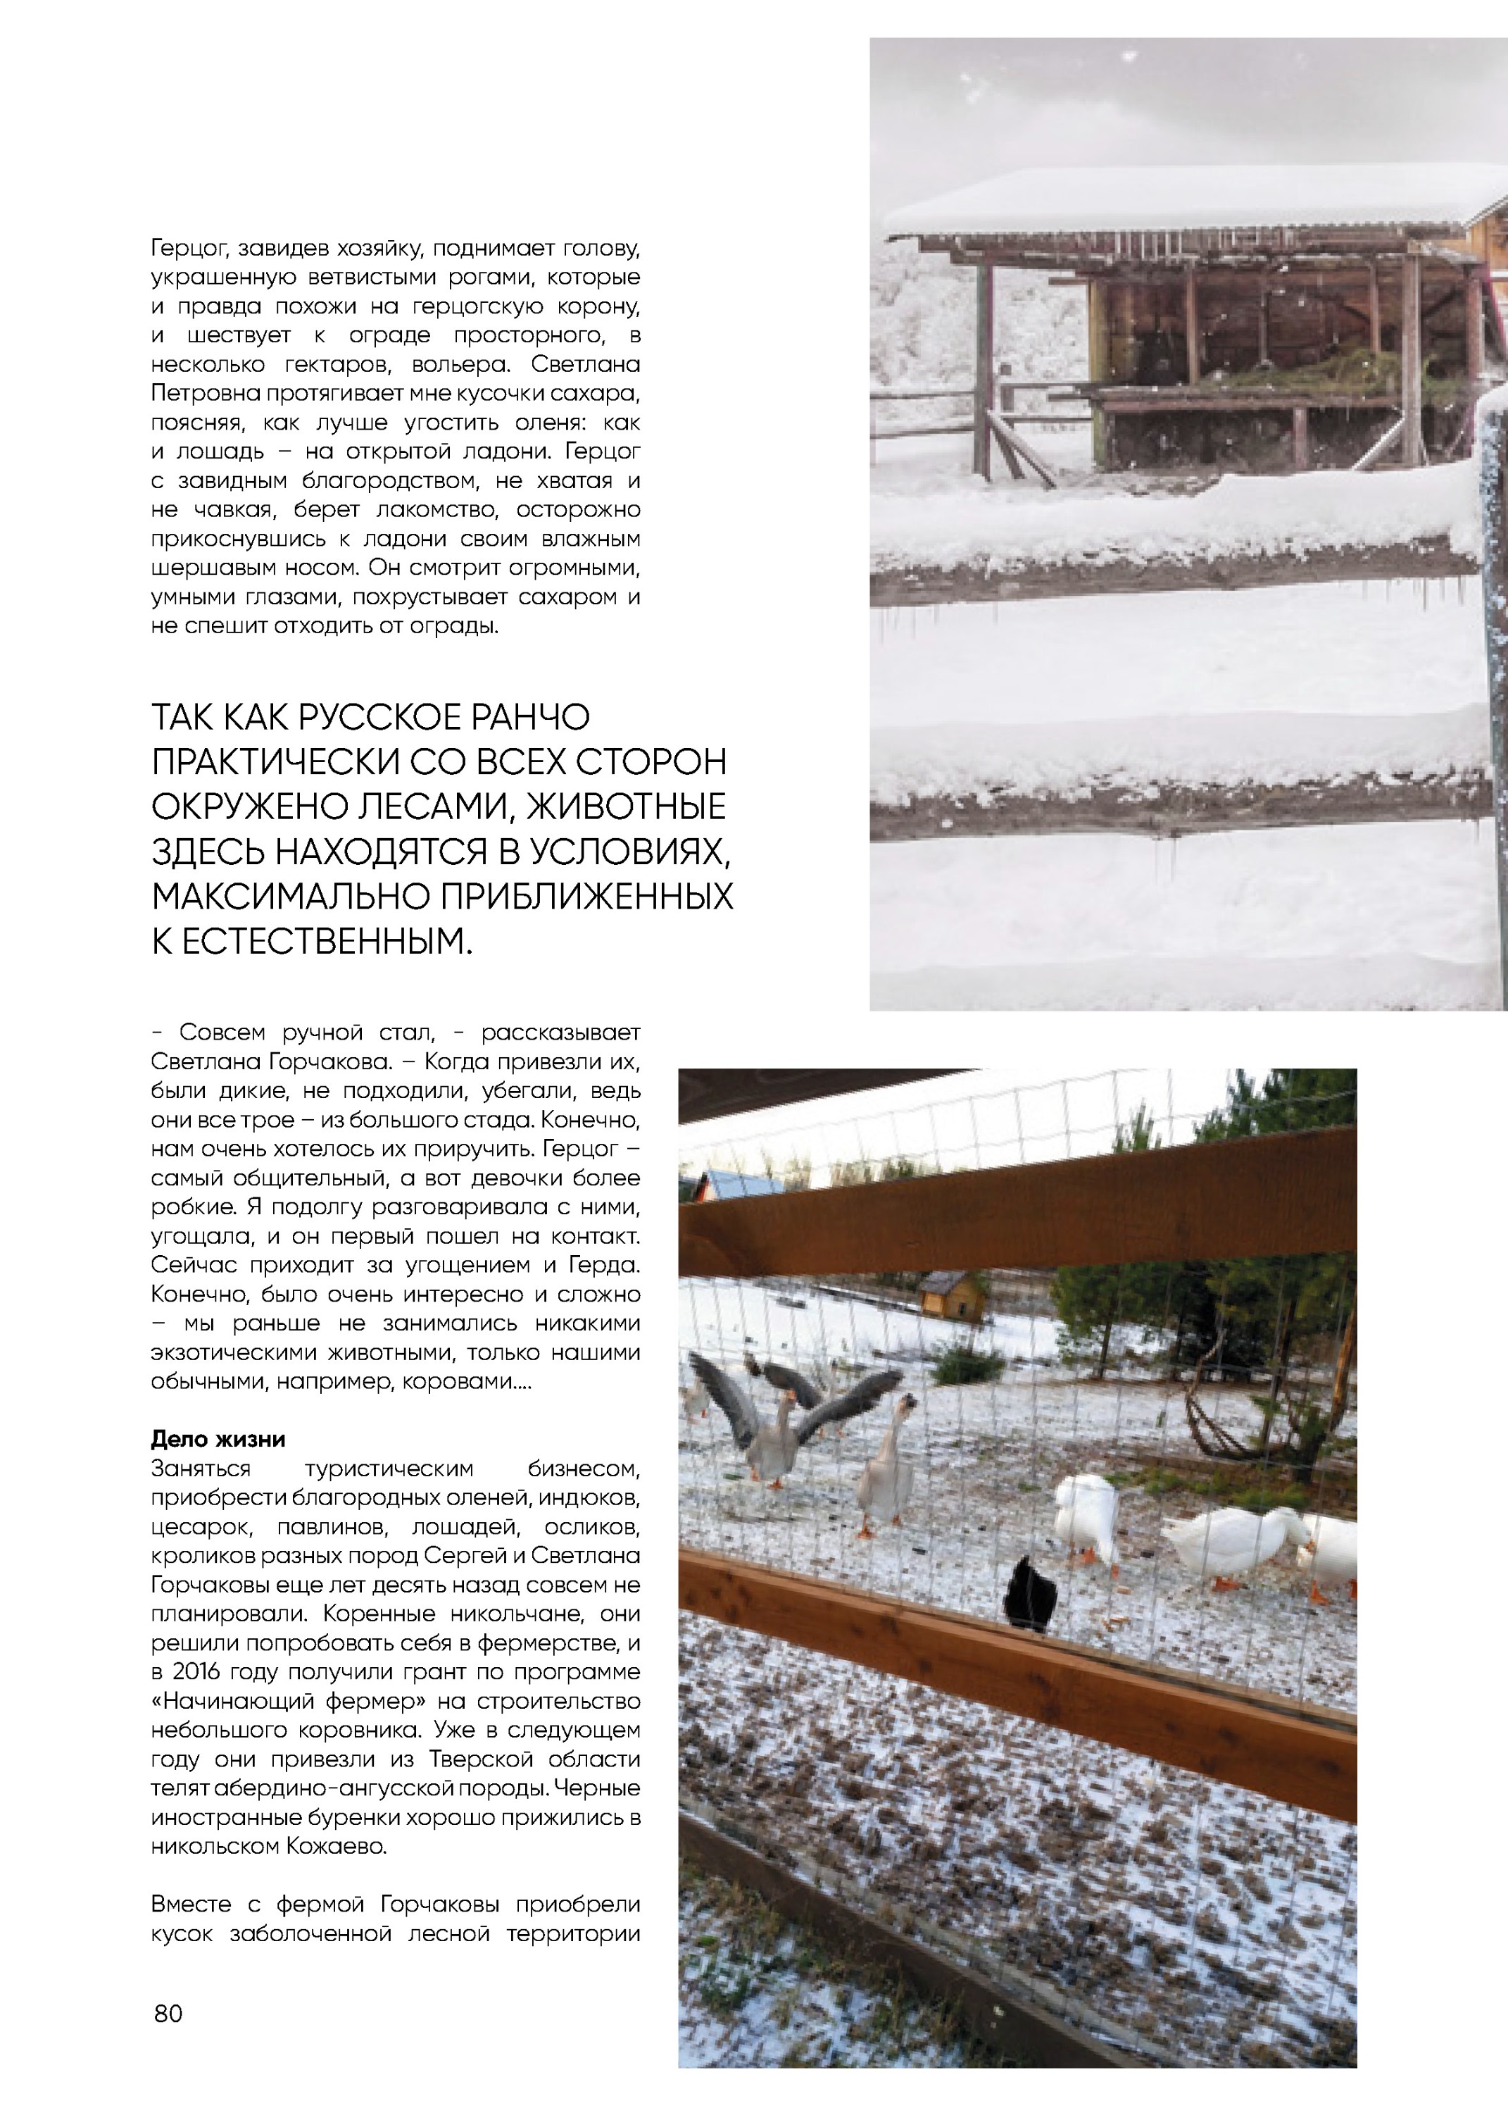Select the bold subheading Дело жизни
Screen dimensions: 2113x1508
[218, 1439]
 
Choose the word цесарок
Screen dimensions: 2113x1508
[193, 1527]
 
